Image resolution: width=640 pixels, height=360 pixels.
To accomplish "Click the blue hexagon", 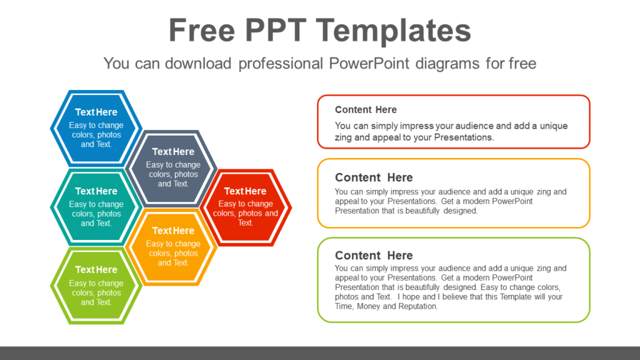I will click(x=96, y=127).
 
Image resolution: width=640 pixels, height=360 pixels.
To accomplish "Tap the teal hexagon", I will click(x=96, y=207).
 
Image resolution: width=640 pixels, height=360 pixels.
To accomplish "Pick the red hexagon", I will click(x=246, y=207).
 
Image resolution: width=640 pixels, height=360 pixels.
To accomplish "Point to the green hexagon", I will click(x=96, y=286).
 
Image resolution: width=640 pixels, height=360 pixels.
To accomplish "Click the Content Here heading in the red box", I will click(x=366, y=110).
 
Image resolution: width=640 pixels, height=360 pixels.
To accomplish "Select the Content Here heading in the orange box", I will click(x=374, y=177).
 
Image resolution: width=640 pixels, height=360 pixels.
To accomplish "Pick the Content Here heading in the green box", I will click(x=374, y=256).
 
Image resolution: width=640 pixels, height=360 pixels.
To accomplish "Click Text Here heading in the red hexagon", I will click(x=245, y=191).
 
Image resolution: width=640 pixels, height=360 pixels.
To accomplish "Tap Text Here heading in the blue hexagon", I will click(x=96, y=112).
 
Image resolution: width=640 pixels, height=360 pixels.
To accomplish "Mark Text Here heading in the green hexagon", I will click(x=96, y=270).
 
